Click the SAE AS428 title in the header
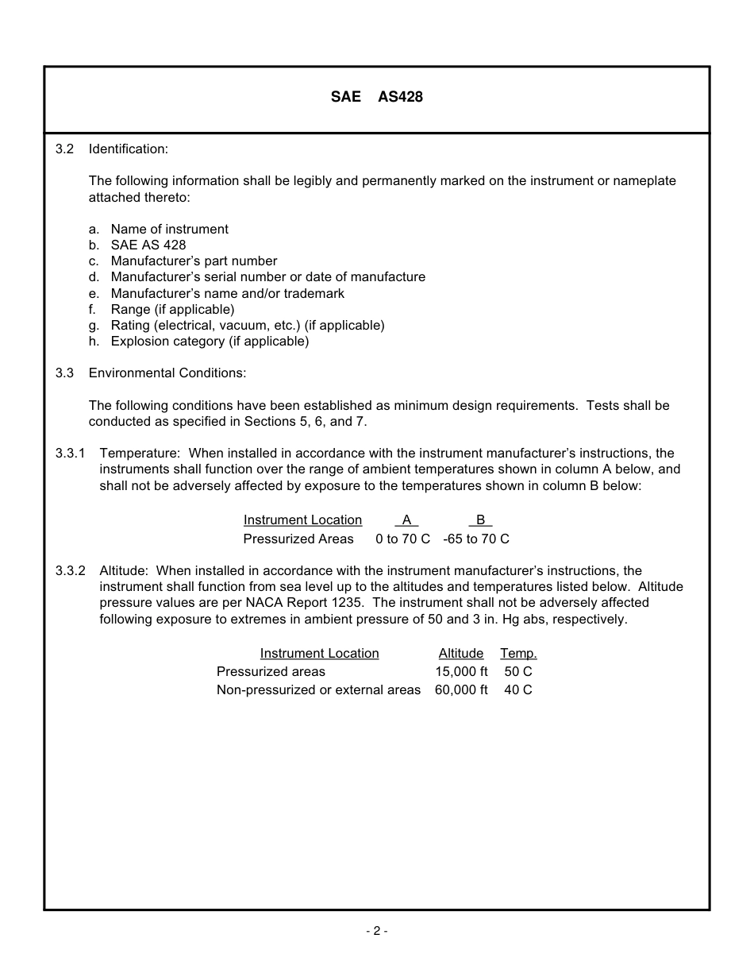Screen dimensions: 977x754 (376, 97)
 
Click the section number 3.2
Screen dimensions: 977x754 (64, 149)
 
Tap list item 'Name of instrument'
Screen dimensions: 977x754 (169, 229)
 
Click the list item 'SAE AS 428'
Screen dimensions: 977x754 (148, 245)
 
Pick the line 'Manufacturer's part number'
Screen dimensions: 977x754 (194, 261)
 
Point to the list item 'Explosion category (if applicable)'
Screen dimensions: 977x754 (210, 341)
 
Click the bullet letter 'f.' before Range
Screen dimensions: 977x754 (93, 309)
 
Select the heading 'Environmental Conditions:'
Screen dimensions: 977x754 (167, 373)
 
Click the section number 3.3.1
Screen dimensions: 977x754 (70, 453)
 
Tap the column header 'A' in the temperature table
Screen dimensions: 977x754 (406, 519)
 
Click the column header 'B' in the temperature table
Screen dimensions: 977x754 (480, 519)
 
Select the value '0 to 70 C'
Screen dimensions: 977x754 (402, 539)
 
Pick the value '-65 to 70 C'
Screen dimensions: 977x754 (476, 539)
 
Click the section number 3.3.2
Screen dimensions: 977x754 (70, 570)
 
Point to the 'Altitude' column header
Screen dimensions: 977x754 (460, 653)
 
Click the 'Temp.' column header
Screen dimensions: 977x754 (518, 653)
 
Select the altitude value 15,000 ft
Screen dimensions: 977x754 (461, 671)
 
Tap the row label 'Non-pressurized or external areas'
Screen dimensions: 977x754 (318, 689)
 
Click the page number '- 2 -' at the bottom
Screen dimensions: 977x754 (376, 931)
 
